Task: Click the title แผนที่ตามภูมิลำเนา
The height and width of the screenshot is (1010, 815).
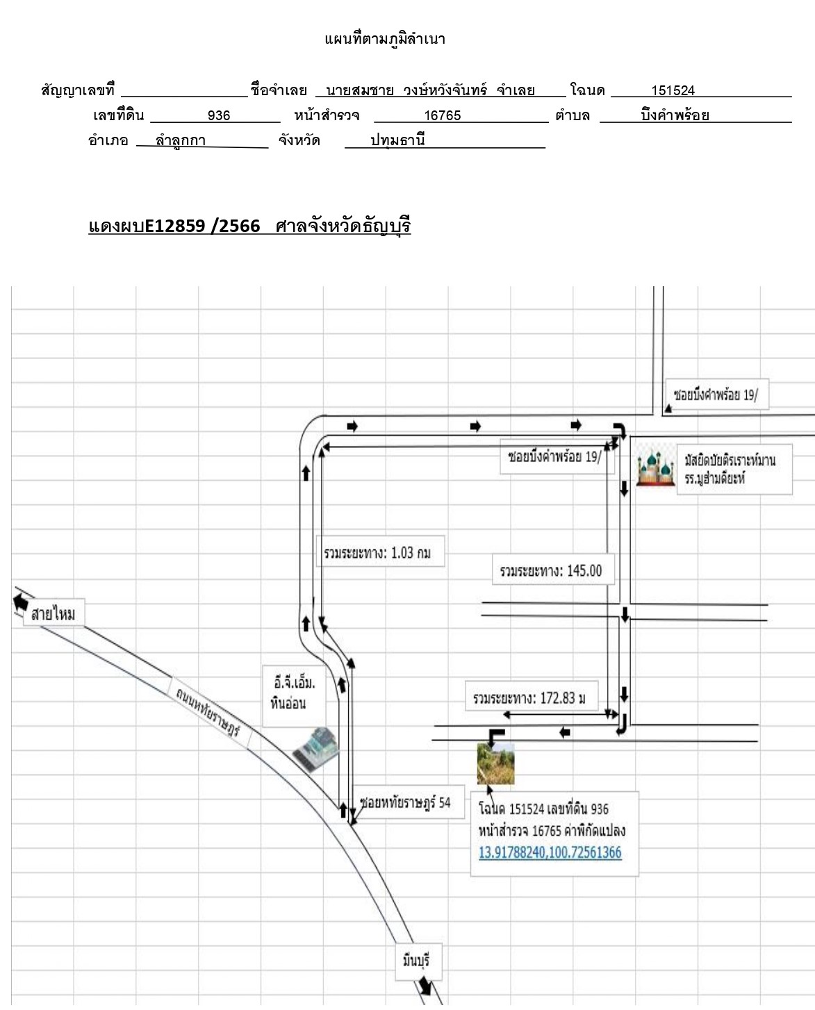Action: click(x=385, y=39)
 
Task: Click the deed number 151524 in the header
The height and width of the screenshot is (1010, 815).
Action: click(x=673, y=90)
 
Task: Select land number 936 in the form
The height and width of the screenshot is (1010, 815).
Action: click(x=219, y=115)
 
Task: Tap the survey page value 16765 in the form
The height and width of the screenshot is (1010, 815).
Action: click(x=443, y=115)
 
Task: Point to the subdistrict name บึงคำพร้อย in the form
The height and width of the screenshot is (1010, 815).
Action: click(x=675, y=115)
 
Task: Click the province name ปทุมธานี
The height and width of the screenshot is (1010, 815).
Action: click(x=397, y=140)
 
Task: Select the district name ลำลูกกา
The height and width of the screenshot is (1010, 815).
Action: click(x=181, y=141)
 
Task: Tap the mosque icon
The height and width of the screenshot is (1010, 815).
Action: click(x=655, y=467)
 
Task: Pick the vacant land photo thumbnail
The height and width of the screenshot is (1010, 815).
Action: click(x=496, y=763)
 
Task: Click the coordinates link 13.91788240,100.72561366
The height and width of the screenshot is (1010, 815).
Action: click(x=550, y=852)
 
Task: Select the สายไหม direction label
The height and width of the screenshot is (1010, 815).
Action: click(x=53, y=613)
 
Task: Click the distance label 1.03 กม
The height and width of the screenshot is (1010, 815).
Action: click(x=377, y=552)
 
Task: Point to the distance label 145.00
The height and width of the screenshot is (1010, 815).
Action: click(x=551, y=570)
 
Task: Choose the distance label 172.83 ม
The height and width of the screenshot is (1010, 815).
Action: click(x=529, y=698)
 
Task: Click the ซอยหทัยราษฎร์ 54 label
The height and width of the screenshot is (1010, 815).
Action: click(x=405, y=802)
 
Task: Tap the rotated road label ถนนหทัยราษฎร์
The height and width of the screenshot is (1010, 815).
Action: click(x=208, y=711)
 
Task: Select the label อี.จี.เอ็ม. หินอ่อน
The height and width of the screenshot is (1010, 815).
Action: click(x=294, y=693)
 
